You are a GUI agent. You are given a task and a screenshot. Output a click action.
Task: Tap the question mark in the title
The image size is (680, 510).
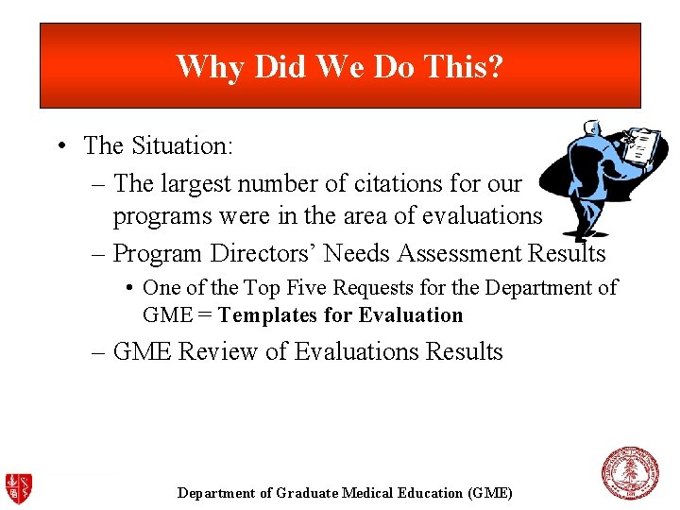[495, 67]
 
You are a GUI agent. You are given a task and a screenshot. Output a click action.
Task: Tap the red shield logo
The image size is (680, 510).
[19, 487]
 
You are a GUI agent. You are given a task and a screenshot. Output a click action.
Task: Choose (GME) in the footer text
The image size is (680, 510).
[491, 493]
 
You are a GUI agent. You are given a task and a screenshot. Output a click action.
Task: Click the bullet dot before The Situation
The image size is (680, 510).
[59, 146]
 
